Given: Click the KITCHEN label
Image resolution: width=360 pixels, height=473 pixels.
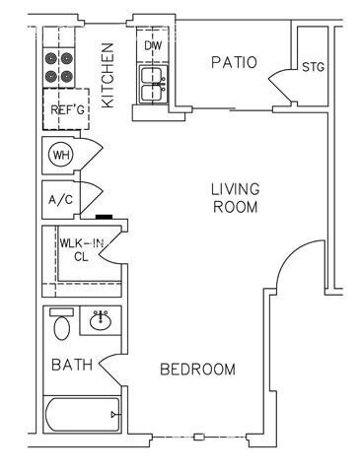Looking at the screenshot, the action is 108,75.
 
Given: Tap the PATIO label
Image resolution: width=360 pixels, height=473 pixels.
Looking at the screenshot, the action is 234,62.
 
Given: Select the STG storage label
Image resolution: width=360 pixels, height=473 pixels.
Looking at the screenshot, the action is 313,67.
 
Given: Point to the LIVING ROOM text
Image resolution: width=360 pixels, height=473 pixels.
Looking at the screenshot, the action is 235,198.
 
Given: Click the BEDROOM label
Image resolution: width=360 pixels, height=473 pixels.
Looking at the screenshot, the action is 197,370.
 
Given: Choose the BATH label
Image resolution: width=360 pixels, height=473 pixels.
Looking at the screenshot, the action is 72,365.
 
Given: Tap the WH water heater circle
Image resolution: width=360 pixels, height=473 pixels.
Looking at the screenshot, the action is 61,155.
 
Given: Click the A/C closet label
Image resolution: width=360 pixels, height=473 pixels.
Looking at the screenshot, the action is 60,199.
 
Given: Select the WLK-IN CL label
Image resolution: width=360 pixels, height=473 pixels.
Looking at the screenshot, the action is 81,250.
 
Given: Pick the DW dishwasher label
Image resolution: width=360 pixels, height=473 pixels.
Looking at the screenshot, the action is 153,45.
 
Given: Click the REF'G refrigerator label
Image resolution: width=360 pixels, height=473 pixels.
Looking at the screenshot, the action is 67,109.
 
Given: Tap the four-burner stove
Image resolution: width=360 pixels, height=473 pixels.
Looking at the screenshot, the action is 59,68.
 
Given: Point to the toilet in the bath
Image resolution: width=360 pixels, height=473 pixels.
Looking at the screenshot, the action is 62,324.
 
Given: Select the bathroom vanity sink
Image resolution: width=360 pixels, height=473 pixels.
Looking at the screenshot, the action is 101,320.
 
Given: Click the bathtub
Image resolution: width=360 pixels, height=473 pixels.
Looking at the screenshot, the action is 83,415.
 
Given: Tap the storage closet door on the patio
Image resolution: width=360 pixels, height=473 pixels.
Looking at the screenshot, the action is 279,85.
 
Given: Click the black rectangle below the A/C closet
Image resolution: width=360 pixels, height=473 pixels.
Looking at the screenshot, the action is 105,217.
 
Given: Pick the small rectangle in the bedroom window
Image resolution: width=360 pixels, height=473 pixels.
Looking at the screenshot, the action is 199,438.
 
